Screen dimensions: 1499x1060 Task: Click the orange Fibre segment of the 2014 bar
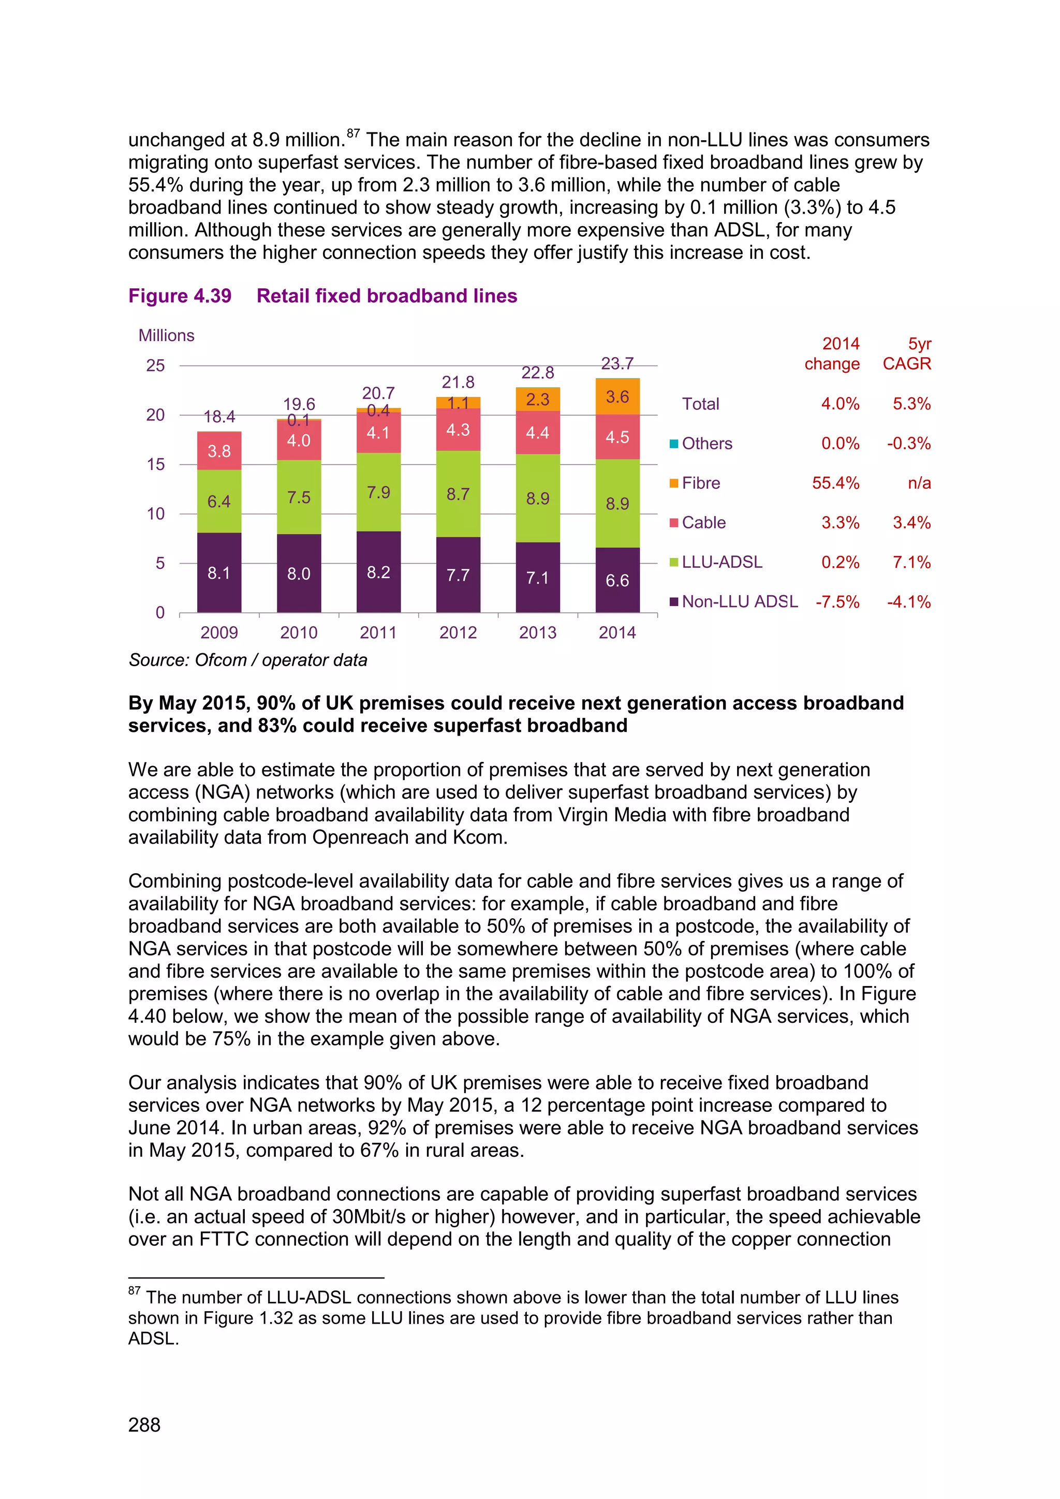click(x=617, y=397)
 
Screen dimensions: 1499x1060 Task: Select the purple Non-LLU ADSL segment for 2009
click(x=219, y=572)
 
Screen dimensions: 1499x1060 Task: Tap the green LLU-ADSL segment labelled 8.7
click(x=458, y=494)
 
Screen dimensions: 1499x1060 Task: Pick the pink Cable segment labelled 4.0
click(x=299, y=440)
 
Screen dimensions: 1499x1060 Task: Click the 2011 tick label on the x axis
click(x=378, y=632)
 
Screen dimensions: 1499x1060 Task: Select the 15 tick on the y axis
click(x=156, y=464)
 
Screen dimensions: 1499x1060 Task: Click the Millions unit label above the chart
click(x=167, y=335)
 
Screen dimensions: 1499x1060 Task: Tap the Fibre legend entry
click(x=701, y=483)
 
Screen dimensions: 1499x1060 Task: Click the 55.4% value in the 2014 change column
click(x=835, y=483)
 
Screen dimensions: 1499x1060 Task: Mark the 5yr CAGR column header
click(x=907, y=354)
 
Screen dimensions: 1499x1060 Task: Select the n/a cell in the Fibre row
click(x=919, y=483)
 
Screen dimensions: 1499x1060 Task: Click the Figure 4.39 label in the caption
click(x=180, y=296)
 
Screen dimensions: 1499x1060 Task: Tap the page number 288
click(x=144, y=1424)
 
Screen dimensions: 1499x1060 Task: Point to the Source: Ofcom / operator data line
click(x=248, y=660)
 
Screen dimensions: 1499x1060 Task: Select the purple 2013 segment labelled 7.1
click(x=538, y=577)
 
